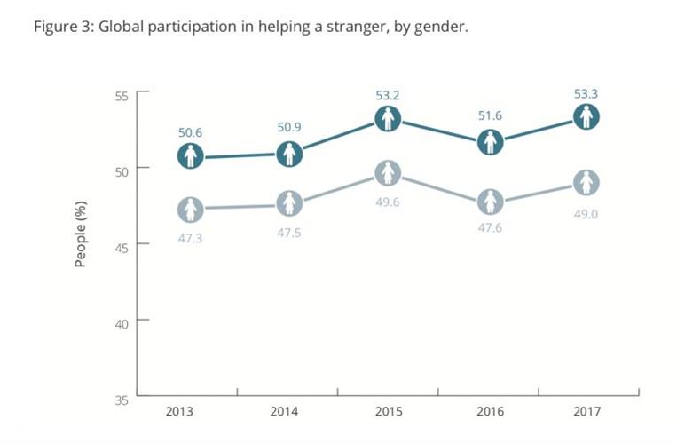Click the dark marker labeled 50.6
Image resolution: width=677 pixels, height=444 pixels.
[190, 157]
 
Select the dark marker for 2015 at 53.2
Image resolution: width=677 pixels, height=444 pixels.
[388, 119]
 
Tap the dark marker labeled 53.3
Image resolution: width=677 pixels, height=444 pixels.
[586, 117]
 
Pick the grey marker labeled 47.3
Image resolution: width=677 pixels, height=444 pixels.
[190, 210]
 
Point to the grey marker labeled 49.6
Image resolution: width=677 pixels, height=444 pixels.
[388, 173]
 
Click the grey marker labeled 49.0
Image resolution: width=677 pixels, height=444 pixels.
[586, 183]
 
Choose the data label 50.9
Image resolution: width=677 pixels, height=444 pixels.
[289, 128]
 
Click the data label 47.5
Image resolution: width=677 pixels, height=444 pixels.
[289, 233]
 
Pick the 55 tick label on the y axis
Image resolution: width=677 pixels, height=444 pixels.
[122, 96]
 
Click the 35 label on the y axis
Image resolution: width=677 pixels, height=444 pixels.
[122, 399]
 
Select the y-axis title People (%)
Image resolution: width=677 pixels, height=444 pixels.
[81, 234]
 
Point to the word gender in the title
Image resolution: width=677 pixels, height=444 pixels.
[437, 27]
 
